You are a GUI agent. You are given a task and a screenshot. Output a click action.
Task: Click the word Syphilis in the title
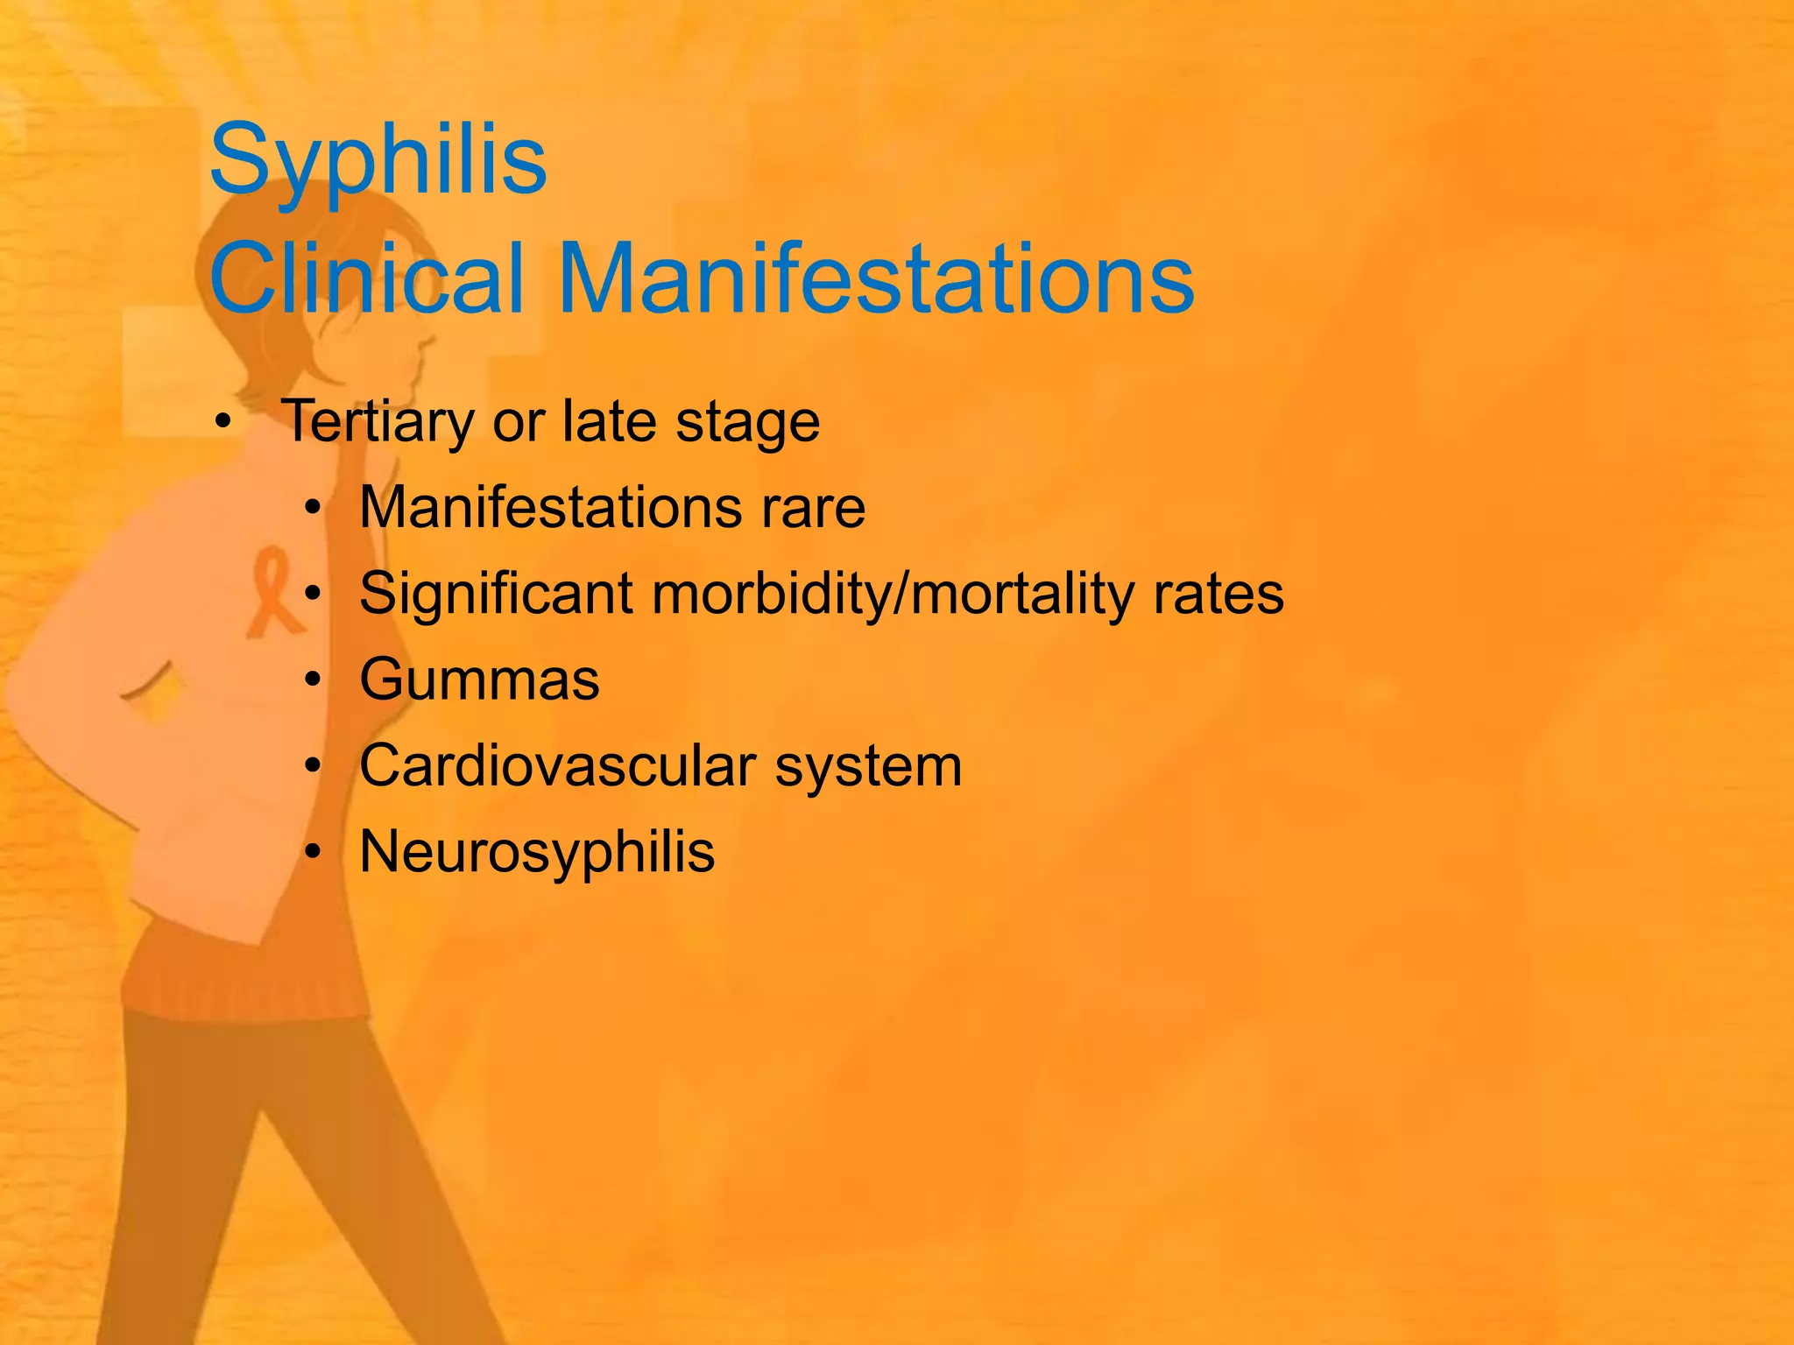(378, 160)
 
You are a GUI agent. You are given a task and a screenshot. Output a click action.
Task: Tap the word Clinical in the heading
(367, 278)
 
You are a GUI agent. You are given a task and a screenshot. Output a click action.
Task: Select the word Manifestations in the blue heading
(875, 278)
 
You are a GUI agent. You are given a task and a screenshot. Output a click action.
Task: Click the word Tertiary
(378, 422)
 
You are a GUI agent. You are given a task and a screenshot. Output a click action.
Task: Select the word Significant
(496, 595)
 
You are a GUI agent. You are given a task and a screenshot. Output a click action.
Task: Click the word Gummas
(479, 680)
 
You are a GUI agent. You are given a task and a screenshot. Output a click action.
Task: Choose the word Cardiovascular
(558, 766)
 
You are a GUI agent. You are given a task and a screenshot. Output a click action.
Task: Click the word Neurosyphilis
(537, 852)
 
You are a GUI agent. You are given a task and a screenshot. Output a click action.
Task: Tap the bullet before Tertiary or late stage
(223, 423)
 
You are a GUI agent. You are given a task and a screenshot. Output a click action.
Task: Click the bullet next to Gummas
(313, 680)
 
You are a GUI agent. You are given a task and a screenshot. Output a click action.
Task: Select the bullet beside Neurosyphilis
(313, 852)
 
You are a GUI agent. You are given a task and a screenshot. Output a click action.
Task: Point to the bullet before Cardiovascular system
(313, 766)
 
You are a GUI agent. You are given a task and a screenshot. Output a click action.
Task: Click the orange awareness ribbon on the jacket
(273, 591)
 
